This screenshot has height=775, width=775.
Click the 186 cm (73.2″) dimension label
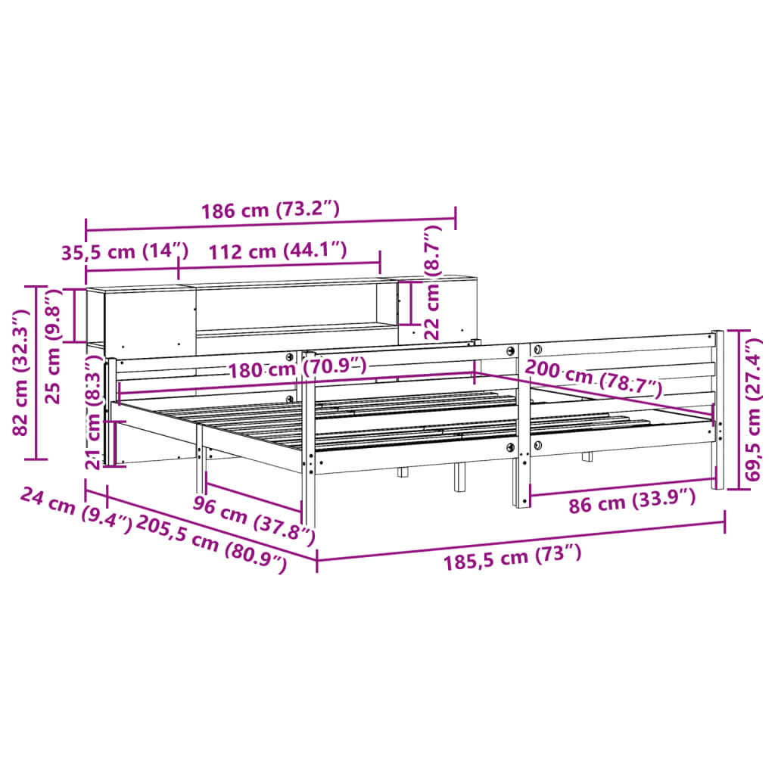click(x=270, y=210)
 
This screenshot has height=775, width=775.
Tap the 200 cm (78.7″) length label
click(x=593, y=378)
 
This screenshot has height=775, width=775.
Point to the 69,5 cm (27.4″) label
click(x=752, y=409)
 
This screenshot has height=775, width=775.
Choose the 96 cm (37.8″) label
click(x=253, y=519)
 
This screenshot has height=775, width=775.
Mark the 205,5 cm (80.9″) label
click(x=211, y=543)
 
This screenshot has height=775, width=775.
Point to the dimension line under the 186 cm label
click(x=270, y=226)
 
